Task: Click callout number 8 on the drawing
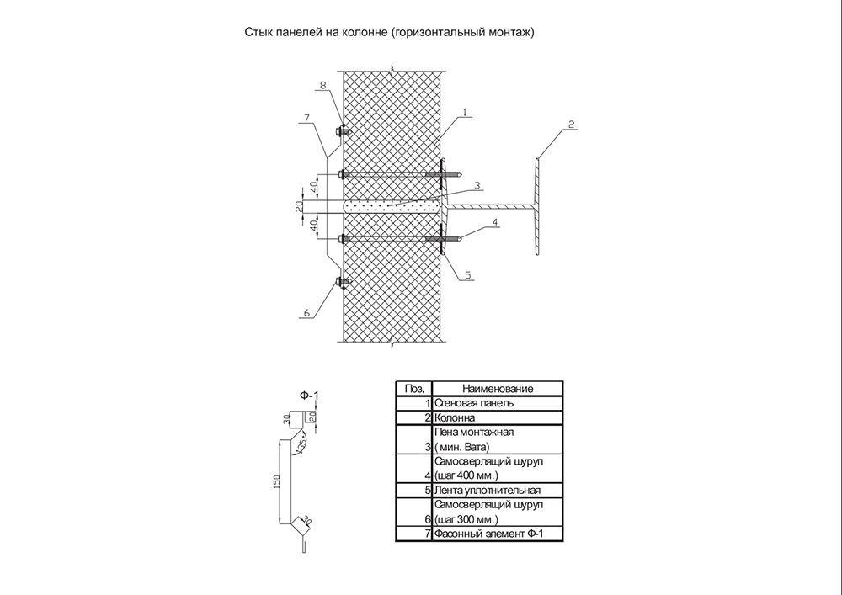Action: (x=322, y=85)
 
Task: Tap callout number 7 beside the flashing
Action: (x=306, y=118)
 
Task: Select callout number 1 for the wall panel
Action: (x=465, y=113)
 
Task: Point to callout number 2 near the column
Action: (x=572, y=125)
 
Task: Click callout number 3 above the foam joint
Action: (x=477, y=186)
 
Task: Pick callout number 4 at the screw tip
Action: (x=494, y=221)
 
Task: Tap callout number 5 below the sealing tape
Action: (x=467, y=275)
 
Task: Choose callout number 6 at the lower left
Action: (x=306, y=313)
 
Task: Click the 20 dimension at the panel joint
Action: (x=299, y=206)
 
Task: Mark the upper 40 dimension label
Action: (x=313, y=188)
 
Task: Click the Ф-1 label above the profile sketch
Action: (x=309, y=396)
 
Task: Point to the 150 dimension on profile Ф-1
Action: (x=276, y=481)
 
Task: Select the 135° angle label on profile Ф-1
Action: (x=302, y=444)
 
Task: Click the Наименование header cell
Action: (x=498, y=389)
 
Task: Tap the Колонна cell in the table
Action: (x=498, y=417)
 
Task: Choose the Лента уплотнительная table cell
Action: (x=498, y=490)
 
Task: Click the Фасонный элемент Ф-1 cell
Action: (x=498, y=534)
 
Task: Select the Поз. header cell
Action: (x=414, y=389)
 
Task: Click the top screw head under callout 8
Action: (x=340, y=130)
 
